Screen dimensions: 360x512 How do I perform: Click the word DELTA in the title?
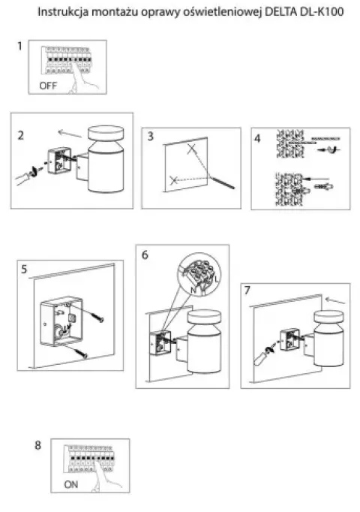pyautogui.click(x=280, y=12)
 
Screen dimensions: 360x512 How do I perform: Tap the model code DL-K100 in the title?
pyautogui.click(x=320, y=12)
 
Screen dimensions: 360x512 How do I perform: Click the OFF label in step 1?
pyautogui.click(x=48, y=86)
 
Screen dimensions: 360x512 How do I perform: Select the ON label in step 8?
pyautogui.click(x=70, y=484)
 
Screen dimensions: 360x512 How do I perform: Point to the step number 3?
pyautogui.click(x=150, y=136)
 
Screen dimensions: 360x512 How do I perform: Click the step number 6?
pyautogui.click(x=145, y=254)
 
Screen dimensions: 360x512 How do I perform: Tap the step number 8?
pyautogui.click(x=37, y=445)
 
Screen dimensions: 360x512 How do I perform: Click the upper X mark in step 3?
pyautogui.click(x=192, y=149)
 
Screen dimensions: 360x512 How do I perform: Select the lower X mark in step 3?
pyautogui.click(x=174, y=179)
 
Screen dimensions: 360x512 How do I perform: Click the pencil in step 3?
pyautogui.click(x=221, y=182)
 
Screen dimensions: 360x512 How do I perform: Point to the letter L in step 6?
pyautogui.click(x=217, y=279)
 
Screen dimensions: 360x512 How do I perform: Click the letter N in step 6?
pyautogui.click(x=193, y=290)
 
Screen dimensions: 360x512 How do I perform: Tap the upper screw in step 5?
pyautogui.click(x=97, y=317)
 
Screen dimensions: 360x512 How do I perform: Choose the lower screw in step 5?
pyautogui.click(x=81, y=353)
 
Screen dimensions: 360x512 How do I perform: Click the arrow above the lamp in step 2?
pyautogui.click(x=70, y=134)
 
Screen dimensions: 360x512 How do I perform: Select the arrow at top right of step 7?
pyautogui.click(x=335, y=300)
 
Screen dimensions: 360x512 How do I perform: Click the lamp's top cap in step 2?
pyautogui.click(x=106, y=134)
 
